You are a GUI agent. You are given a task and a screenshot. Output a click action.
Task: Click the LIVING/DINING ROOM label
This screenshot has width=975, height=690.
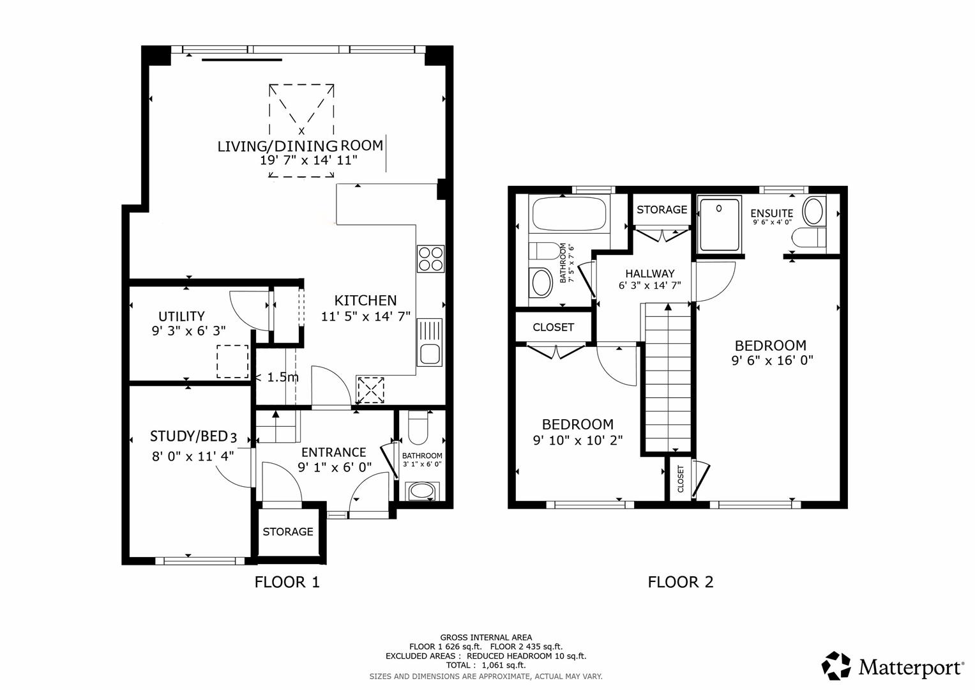[300, 146]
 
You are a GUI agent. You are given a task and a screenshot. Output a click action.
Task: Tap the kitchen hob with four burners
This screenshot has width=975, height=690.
[430, 259]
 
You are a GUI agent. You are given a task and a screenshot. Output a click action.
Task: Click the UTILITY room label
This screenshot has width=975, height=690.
[181, 316]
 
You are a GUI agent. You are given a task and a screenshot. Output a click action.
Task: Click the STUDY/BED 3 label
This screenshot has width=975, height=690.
[193, 436]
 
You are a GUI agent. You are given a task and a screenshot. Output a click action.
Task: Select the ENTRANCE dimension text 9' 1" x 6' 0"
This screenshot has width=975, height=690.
[334, 467]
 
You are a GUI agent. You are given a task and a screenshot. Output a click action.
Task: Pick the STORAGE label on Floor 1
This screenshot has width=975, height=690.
[288, 532]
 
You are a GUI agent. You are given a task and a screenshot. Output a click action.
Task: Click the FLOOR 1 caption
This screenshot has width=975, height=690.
[287, 582]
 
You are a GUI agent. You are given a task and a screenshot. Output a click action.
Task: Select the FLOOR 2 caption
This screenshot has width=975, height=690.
[681, 582]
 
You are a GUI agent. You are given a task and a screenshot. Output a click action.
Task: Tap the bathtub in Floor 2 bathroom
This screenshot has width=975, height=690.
[568, 215]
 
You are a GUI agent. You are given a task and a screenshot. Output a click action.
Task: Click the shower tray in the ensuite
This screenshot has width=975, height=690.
[720, 224]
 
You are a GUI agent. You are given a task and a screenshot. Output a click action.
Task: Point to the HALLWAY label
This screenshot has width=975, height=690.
[650, 273]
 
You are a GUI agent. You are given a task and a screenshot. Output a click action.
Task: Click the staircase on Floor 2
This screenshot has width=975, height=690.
[668, 377]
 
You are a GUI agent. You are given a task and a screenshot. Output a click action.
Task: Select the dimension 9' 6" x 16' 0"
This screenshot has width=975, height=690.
[772, 360]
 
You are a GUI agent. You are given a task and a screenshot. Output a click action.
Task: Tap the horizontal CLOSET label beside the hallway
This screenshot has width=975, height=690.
[553, 327]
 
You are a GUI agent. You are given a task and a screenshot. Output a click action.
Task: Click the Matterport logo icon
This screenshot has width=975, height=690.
[836, 666]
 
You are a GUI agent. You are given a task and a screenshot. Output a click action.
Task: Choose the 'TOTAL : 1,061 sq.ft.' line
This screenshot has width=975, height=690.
[486, 665]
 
